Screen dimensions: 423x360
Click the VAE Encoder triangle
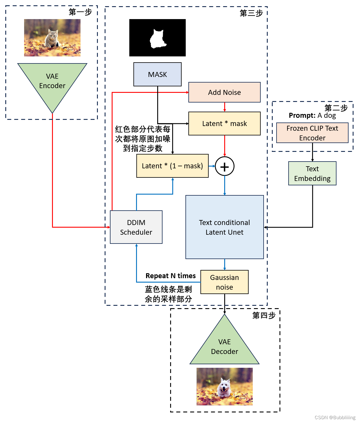coord(52,82)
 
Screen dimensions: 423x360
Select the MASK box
coord(158,74)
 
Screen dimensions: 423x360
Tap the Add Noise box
coord(224,92)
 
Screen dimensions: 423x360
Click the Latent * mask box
coord(224,123)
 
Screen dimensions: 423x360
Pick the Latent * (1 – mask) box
coord(173,166)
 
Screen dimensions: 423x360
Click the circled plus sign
coord(225,167)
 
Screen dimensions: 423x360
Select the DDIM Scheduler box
coord(136,227)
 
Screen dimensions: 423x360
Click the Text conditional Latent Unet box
coord(225,227)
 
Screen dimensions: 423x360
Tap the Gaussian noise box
coord(225,282)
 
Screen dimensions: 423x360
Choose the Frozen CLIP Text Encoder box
coord(312,133)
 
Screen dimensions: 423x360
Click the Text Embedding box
coord(312,173)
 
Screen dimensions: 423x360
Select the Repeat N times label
coord(170,276)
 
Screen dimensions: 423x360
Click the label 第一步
coord(80,12)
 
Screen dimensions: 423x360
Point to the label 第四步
coord(264,315)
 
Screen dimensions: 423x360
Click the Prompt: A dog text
coord(312,115)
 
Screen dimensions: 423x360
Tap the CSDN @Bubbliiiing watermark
coord(335,417)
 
